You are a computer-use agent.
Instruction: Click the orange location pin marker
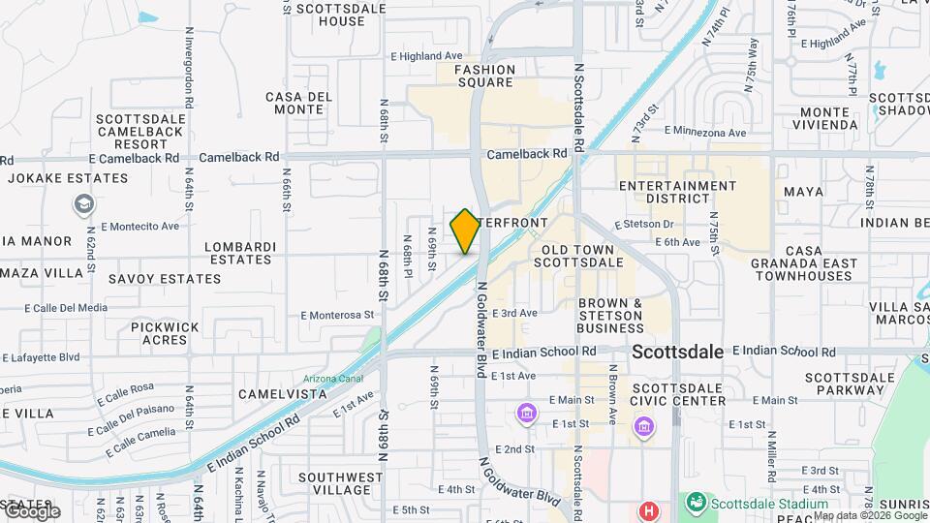tap(465, 231)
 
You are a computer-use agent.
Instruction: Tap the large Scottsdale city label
tap(677, 353)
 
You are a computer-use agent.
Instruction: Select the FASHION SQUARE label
tap(484, 76)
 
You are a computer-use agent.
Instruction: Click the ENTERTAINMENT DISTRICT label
tap(678, 192)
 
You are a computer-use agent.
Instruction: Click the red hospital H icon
tap(648, 509)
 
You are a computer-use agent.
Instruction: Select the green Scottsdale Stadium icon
tap(696, 504)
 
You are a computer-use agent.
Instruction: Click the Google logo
tap(31, 511)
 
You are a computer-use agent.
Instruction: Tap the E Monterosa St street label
tap(337, 315)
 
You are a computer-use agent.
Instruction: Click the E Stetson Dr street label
tap(643, 225)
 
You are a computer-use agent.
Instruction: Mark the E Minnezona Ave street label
tap(705, 132)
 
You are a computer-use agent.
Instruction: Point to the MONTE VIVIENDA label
tap(828, 118)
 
